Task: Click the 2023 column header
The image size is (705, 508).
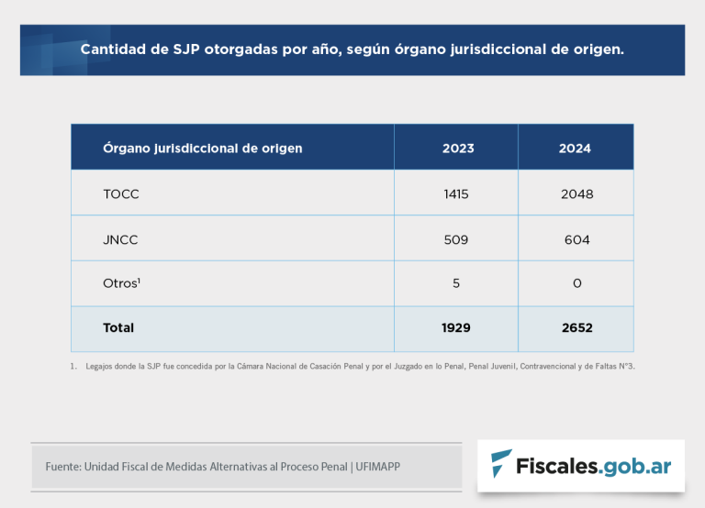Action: coord(455,149)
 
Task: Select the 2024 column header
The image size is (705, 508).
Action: coord(575,149)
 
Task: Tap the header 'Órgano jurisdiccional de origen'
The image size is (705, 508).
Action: coord(203,149)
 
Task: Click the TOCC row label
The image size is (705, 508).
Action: coord(121,194)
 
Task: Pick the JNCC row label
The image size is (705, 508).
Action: coord(121,240)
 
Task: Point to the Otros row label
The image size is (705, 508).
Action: coord(122,283)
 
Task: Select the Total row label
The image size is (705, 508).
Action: coord(118,327)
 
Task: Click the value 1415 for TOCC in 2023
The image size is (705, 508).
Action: coord(455,194)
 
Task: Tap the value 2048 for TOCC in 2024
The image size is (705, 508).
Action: coord(576,194)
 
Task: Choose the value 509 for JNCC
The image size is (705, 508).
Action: coord(455,240)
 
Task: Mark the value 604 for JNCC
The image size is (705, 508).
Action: coord(576,240)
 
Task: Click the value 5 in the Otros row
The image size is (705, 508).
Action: coord(456,283)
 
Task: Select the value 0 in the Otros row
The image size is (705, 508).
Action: coord(576,283)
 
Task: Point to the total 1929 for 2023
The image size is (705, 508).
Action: coord(455,327)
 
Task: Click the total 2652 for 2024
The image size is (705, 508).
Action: coord(576,327)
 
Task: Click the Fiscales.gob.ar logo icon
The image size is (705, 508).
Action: coord(501,465)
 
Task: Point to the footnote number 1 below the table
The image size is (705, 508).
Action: coord(73,366)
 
